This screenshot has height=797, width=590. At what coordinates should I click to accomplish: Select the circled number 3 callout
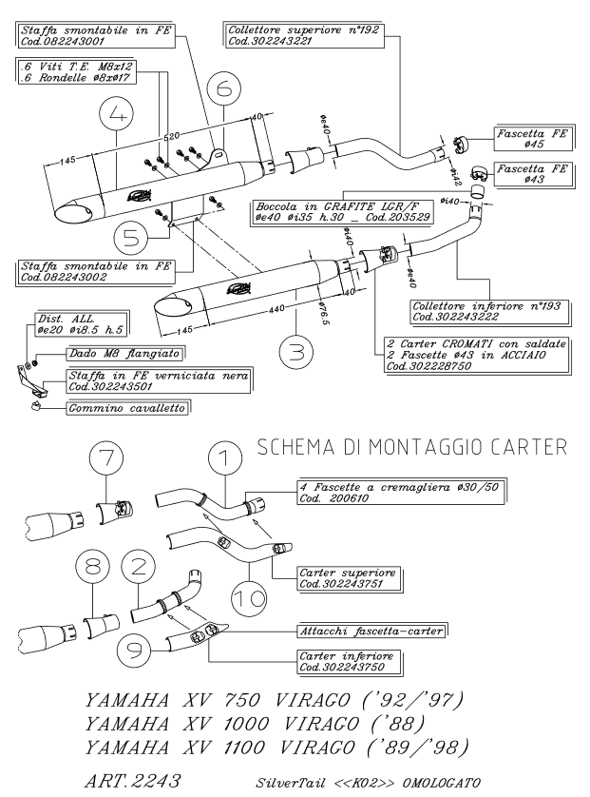[x=296, y=354]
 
